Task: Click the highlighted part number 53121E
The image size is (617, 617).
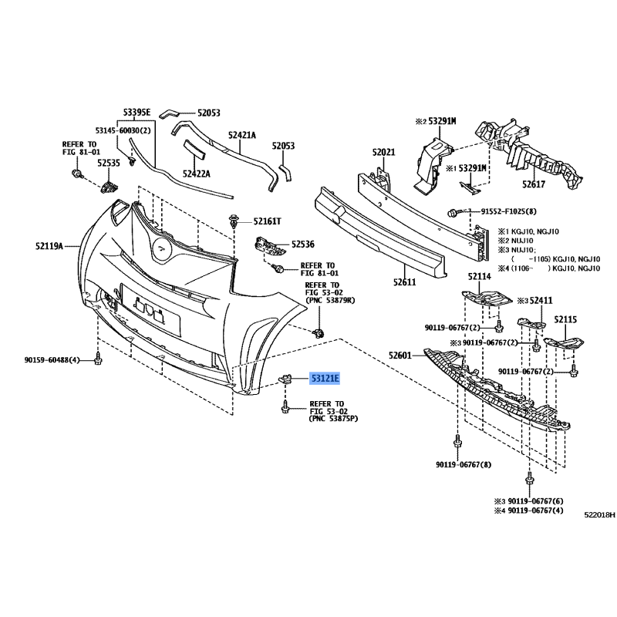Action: click(325, 379)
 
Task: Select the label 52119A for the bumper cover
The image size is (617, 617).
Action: click(49, 246)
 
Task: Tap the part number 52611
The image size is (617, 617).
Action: click(404, 282)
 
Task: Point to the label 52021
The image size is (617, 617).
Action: click(383, 152)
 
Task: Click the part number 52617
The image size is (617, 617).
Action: click(534, 184)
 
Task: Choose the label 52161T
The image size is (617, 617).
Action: click(267, 221)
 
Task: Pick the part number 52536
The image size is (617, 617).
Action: click(303, 244)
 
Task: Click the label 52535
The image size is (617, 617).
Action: click(109, 163)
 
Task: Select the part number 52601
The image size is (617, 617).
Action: click(400, 356)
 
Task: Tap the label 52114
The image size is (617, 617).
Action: click(480, 277)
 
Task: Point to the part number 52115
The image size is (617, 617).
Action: click(565, 319)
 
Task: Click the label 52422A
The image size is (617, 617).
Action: click(197, 174)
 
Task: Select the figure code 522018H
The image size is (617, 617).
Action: click(600, 514)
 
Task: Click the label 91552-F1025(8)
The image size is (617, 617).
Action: click(509, 211)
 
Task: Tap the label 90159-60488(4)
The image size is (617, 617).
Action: click(52, 359)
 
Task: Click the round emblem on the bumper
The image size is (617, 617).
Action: click(161, 249)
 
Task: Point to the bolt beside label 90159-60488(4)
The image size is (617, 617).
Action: click(98, 359)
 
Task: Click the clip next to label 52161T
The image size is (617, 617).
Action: click(234, 221)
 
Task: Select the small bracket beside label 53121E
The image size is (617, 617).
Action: click(285, 379)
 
